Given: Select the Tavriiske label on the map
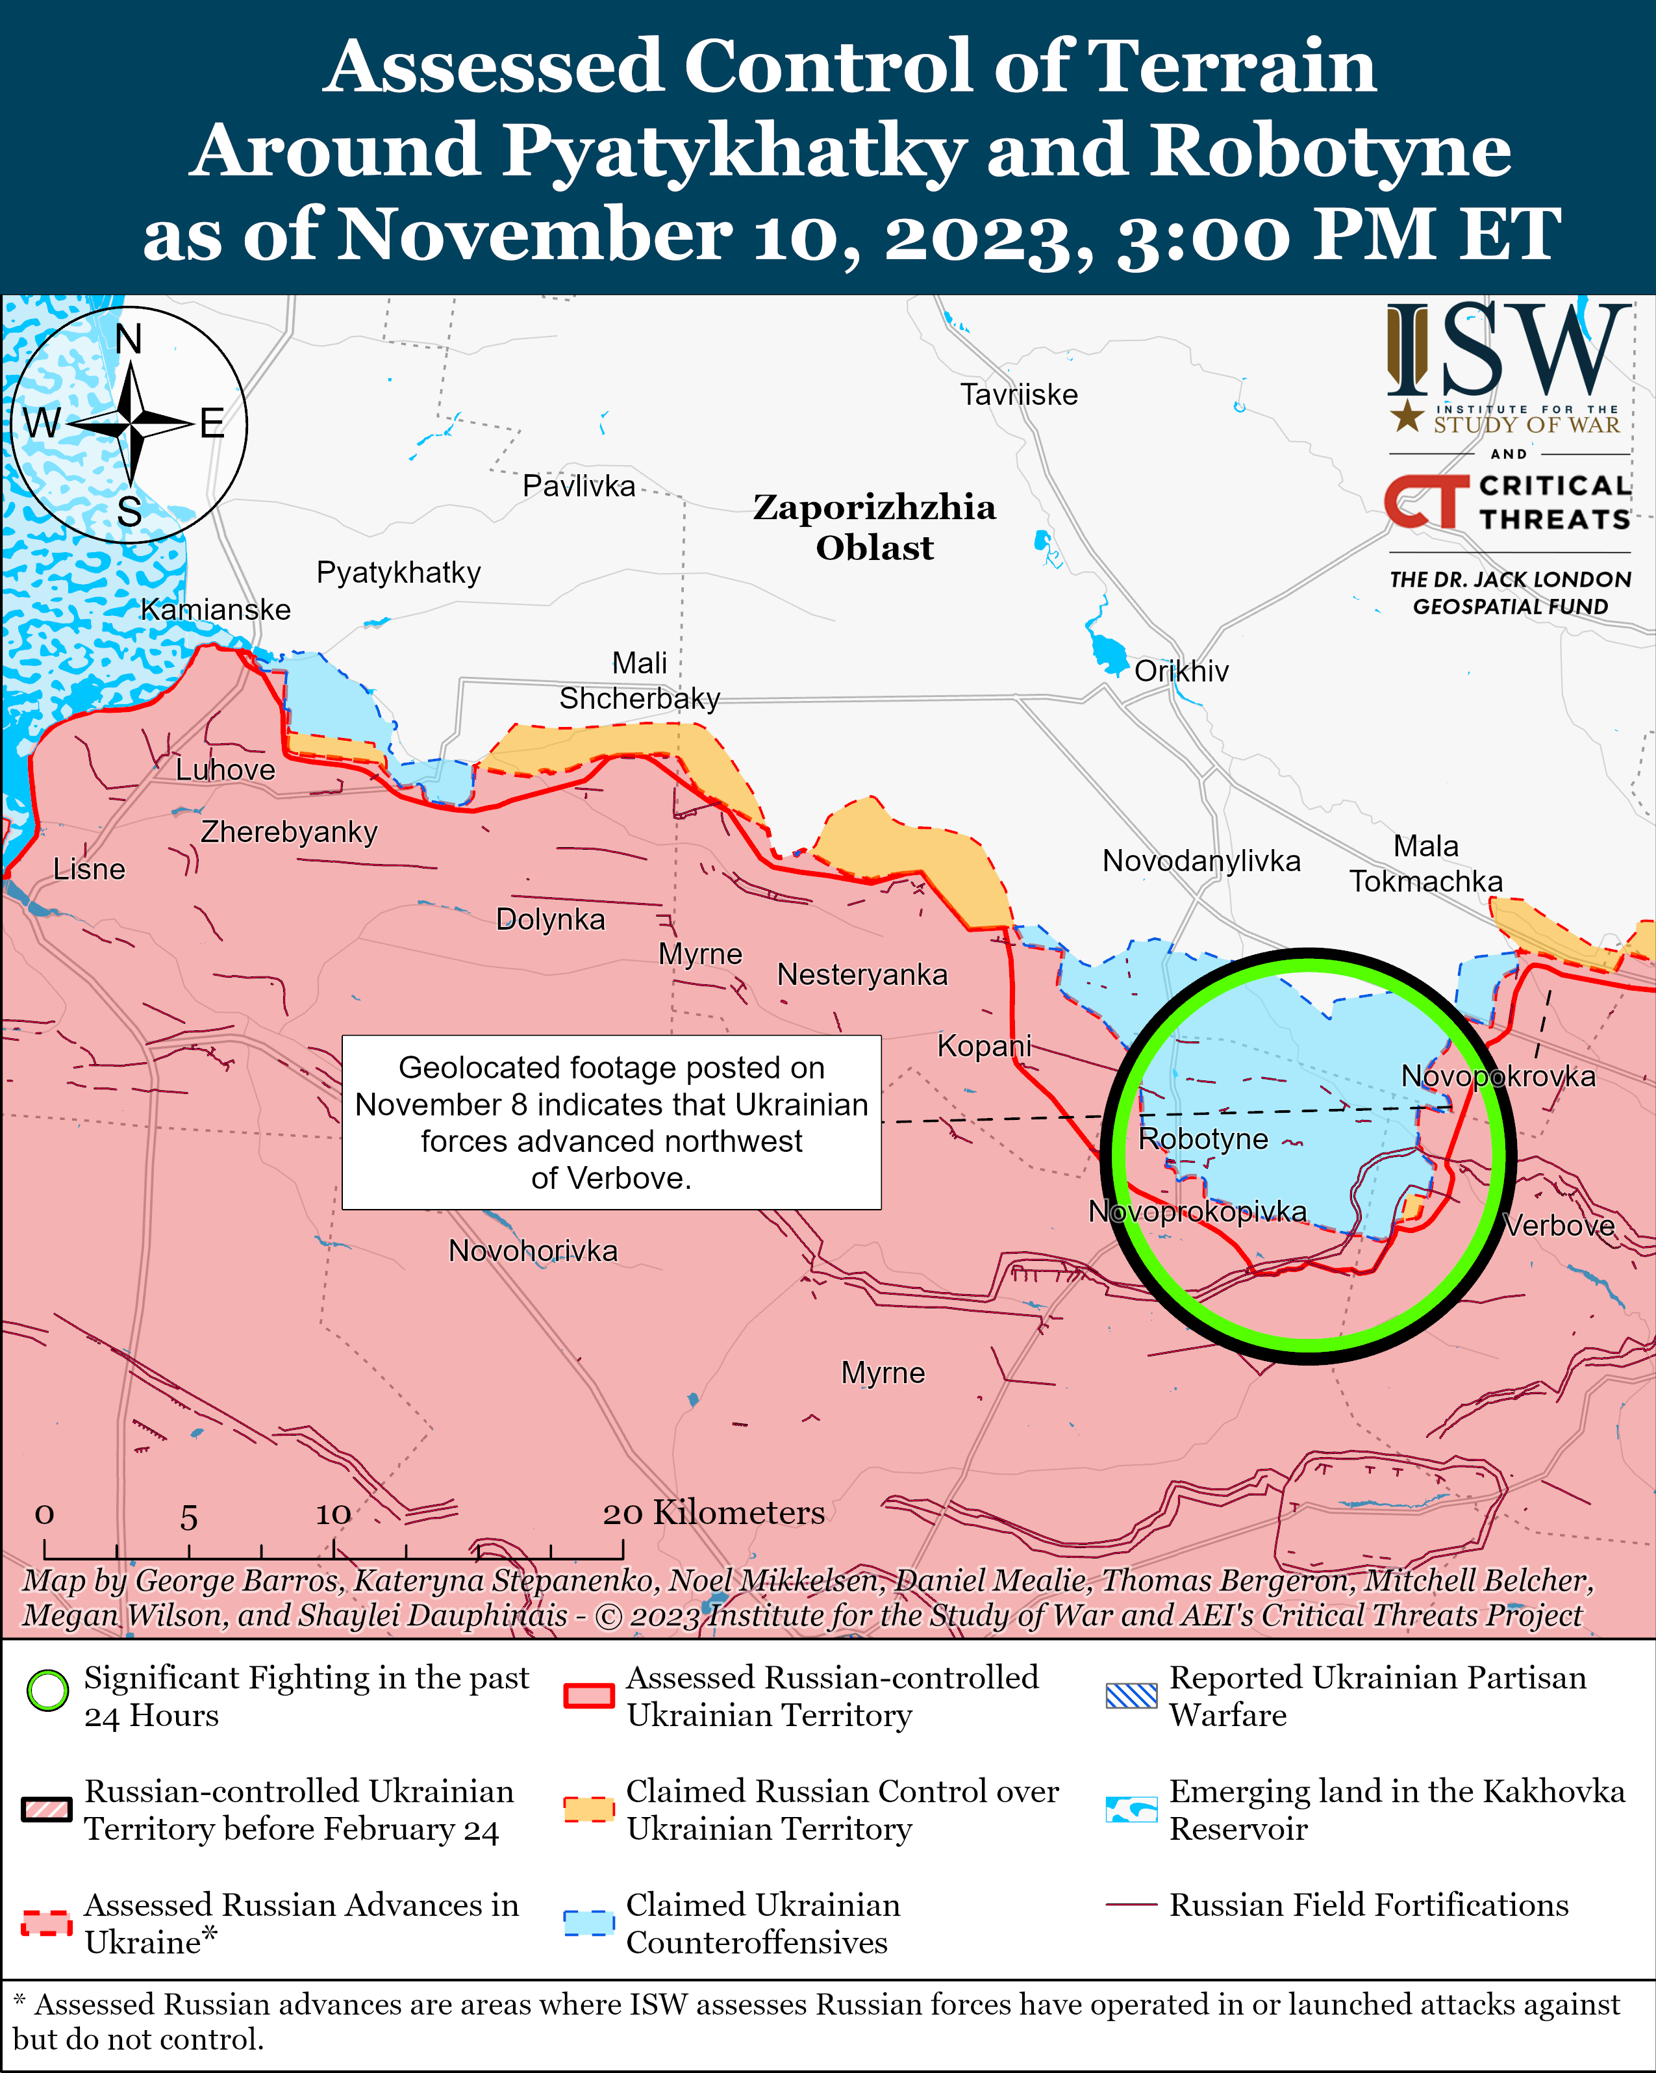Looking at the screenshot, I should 1019,394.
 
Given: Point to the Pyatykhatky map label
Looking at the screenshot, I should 398,572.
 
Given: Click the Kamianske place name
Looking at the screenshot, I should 216,609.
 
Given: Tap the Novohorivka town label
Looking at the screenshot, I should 533,1251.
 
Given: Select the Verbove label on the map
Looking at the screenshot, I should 1559,1226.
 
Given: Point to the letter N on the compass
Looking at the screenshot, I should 128,339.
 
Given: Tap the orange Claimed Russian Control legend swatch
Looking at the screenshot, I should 588,1809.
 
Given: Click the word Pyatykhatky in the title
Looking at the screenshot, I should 733,151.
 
